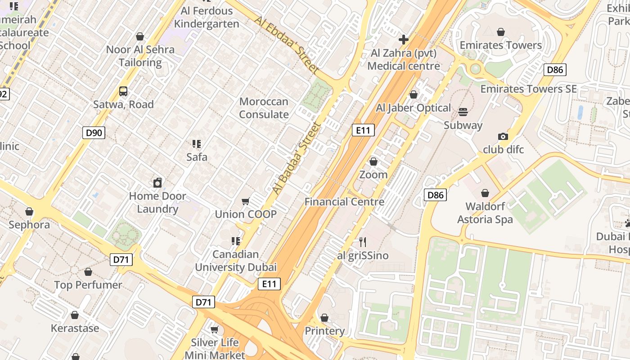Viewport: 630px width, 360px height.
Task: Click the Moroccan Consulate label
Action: click(264, 108)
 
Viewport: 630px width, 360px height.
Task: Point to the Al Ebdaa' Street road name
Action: click(286, 45)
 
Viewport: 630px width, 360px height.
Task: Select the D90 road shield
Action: click(94, 133)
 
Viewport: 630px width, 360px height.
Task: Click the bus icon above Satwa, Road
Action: click(123, 91)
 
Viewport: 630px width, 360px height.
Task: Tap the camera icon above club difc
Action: click(503, 136)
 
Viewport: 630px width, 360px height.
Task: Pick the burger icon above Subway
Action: click(463, 112)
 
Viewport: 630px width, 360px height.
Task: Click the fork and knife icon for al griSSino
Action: click(363, 242)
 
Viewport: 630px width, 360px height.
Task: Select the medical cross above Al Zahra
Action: click(404, 40)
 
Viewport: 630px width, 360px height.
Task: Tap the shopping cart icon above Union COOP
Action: click(246, 201)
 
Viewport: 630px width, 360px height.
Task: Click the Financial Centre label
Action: click(344, 202)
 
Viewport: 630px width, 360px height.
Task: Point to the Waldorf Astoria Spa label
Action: click(485, 213)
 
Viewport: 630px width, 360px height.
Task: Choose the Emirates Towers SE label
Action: click(528, 89)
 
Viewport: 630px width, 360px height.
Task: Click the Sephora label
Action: click(29, 225)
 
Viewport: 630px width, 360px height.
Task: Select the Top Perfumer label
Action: click(88, 285)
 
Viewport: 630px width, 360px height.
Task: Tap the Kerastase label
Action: click(75, 328)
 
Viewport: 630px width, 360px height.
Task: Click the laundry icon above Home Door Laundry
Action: click(157, 183)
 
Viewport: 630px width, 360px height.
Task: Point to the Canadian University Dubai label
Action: click(236, 261)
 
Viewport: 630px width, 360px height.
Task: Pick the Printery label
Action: click(324, 331)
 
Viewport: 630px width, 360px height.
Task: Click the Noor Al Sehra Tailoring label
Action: click(140, 56)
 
